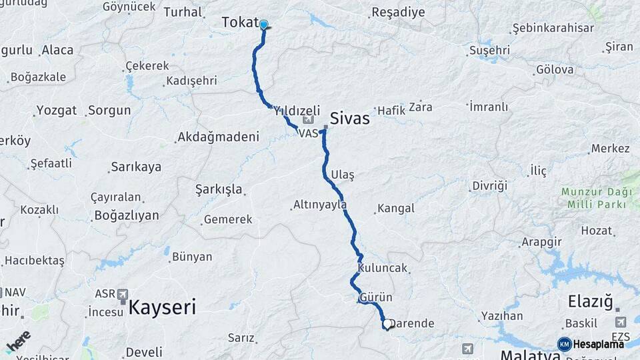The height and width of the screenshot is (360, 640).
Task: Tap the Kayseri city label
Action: tap(162, 307)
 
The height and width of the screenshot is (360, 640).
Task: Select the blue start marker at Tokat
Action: tap(263, 25)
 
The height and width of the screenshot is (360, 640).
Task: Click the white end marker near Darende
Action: tap(387, 325)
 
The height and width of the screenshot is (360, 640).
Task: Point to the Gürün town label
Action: tap(376, 297)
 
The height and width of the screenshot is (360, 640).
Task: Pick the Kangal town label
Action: tap(396, 209)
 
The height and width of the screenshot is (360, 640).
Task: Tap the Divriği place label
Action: tap(490, 185)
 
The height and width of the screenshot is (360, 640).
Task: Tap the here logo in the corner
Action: tap(19, 341)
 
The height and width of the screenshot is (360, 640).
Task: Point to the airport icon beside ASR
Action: tap(122, 294)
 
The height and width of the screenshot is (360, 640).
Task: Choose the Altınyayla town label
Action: tap(319, 205)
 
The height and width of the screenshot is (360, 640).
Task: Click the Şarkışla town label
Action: tap(219, 189)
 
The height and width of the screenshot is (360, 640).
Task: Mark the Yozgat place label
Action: tap(57, 110)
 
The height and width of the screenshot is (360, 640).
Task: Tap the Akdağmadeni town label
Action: tap(218, 138)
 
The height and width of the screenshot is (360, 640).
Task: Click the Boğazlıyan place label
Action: tap(127, 215)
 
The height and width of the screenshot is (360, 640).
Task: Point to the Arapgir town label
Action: tap(541, 241)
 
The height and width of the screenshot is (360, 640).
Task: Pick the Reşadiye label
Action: tap(397, 13)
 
